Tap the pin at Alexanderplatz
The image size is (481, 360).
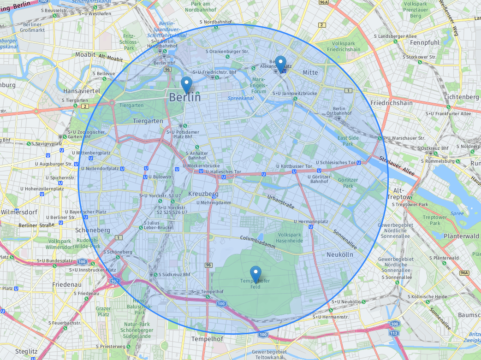[280, 63]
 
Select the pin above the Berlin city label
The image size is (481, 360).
[186, 84]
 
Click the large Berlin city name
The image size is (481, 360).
[185, 97]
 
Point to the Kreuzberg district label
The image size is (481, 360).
[203, 194]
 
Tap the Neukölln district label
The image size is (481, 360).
[339, 254]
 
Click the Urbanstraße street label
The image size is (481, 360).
[280, 202]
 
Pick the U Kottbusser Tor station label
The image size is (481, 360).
[294, 166]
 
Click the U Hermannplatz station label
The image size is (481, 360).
[310, 222]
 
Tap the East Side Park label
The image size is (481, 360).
[348, 141]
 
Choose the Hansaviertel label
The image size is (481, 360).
[81, 91]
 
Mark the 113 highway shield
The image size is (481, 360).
[393, 333]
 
